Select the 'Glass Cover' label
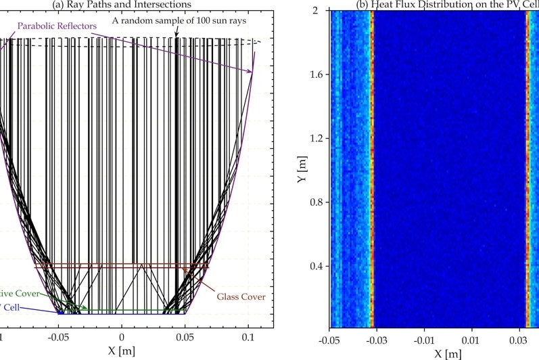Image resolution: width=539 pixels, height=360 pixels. click(241, 296)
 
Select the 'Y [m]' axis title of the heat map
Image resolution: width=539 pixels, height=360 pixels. click(303, 169)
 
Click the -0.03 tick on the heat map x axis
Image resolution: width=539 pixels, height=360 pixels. click(376, 338)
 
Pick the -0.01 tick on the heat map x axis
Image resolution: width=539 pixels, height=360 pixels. click(423, 338)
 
